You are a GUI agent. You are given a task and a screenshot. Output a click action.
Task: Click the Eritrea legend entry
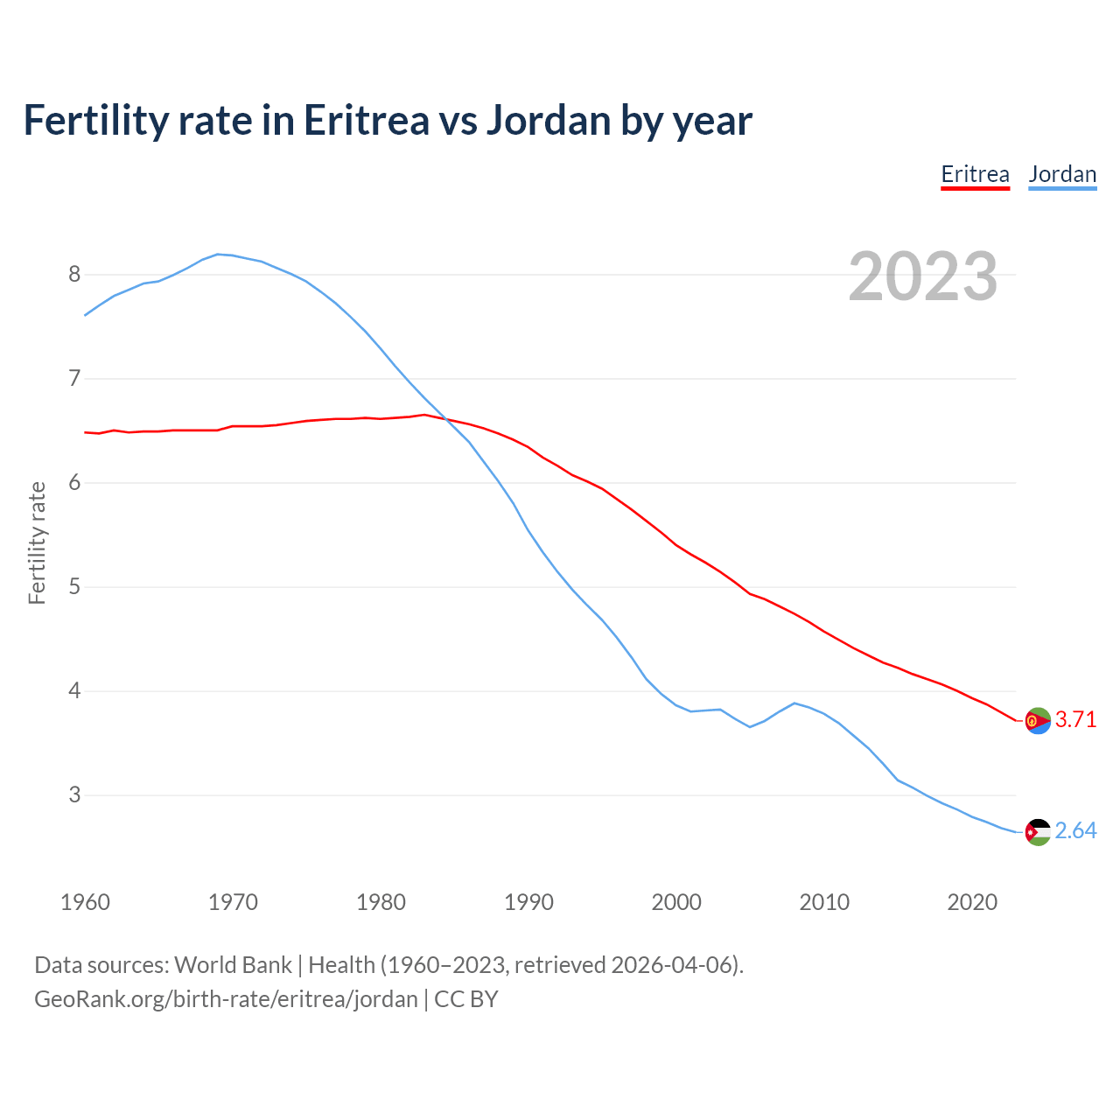pyautogui.click(x=975, y=174)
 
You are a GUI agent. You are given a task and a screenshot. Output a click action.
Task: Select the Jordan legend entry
pyautogui.click(x=1062, y=174)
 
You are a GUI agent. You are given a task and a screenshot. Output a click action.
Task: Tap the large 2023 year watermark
pyautogui.click(x=923, y=276)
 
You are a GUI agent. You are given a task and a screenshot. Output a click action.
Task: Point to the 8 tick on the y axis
pyautogui.click(x=74, y=275)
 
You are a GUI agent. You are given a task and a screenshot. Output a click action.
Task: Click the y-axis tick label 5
pyautogui.click(x=74, y=587)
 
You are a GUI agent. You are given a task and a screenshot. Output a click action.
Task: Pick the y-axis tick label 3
pyautogui.click(x=74, y=795)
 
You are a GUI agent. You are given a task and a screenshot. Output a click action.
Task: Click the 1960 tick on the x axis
pyautogui.click(x=85, y=902)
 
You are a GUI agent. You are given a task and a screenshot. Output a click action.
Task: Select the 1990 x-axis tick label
pyautogui.click(x=528, y=902)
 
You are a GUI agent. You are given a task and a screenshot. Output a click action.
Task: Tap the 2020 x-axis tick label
pyautogui.click(x=972, y=902)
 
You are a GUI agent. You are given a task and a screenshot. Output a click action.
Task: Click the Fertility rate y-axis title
pyautogui.click(x=37, y=542)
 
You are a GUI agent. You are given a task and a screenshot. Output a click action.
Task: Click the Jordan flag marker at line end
pyautogui.click(x=1038, y=832)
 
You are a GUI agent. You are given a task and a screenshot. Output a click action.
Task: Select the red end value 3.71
pyautogui.click(x=1075, y=720)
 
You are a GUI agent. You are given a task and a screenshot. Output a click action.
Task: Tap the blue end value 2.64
pyautogui.click(x=1075, y=831)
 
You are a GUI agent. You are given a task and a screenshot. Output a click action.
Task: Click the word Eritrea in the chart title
pyautogui.click(x=367, y=121)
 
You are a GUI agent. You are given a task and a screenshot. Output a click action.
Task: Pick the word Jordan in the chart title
pyautogui.click(x=548, y=121)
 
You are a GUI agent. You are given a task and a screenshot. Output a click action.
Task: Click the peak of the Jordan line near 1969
pyautogui.click(x=218, y=254)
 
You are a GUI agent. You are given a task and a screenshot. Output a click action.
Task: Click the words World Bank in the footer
pyautogui.click(x=233, y=965)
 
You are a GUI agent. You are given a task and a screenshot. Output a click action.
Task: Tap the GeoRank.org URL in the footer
pyautogui.click(x=226, y=999)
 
